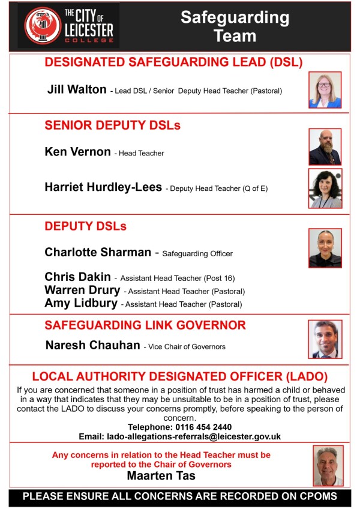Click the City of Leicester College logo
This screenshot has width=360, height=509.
(x=68, y=25)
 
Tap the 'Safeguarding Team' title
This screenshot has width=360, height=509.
(x=235, y=26)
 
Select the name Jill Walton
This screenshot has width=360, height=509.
(x=77, y=90)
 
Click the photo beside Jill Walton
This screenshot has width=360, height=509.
(x=325, y=90)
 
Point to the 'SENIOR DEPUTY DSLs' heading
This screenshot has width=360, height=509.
(x=112, y=125)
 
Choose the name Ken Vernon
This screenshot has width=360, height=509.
(x=77, y=152)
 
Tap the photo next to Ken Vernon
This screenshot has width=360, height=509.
(x=325, y=146)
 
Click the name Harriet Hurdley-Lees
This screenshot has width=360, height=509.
(x=103, y=187)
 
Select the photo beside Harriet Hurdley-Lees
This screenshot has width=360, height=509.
(x=325, y=188)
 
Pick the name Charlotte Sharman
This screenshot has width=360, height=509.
(x=98, y=252)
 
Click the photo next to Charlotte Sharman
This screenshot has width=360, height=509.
(x=325, y=247)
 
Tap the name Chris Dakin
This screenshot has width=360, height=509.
(x=77, y=277)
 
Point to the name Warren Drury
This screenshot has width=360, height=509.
(x=82, y=290)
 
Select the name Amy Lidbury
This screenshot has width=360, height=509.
(x=81, y=303)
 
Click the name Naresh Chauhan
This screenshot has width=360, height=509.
(x=92, y=346)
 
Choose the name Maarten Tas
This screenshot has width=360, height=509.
(x=161, y=476)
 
